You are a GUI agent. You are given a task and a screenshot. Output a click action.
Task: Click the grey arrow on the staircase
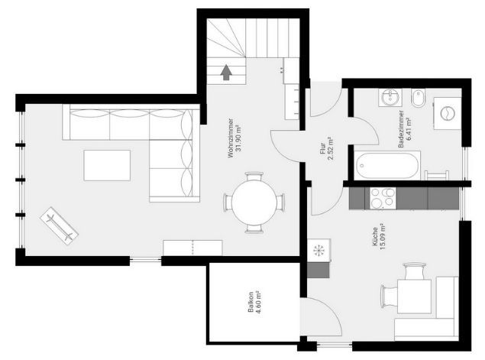(x=226, y=72)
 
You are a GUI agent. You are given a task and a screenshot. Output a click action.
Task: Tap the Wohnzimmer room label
(x=234, y=138)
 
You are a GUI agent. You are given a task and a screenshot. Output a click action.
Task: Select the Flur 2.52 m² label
(x=327, y=148)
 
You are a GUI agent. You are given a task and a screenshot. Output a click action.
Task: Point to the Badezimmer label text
(x=401, y=128)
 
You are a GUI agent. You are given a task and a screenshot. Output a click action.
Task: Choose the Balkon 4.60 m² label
(x=254, y=302)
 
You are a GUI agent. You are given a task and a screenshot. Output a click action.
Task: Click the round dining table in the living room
(x=254, y=202)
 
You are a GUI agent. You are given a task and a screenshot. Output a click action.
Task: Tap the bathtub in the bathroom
(x=387, y=165)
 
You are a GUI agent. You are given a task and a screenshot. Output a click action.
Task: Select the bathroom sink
(x=390, y=98)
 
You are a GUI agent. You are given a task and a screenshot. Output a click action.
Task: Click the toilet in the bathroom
(x=419, y=98)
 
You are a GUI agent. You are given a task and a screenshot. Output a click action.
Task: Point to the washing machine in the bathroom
(x=448, y=113)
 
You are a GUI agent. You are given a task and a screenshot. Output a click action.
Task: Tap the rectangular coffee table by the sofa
(x=107, y=165)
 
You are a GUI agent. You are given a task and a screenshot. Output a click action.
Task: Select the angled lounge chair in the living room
(x=59, y=225)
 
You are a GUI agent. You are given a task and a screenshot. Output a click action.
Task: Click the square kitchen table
(x=414, y=296)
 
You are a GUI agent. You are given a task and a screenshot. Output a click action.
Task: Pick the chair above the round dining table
(x=254, y=177)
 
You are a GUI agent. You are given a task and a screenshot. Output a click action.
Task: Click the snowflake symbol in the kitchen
(x=318, y=250)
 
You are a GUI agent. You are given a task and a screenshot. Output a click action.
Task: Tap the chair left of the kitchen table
(x=389, y=297)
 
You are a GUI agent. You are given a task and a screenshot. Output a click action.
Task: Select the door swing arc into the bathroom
(x=370, y=127)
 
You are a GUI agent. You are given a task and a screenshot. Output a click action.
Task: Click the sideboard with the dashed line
(x=192, y=248)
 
